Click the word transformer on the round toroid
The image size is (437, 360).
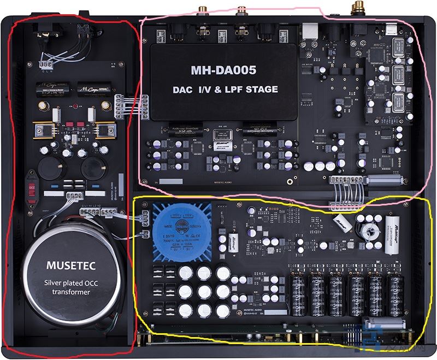click(71, 292)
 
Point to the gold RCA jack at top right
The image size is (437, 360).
click(359, 8)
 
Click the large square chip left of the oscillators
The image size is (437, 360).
click(376, 55)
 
